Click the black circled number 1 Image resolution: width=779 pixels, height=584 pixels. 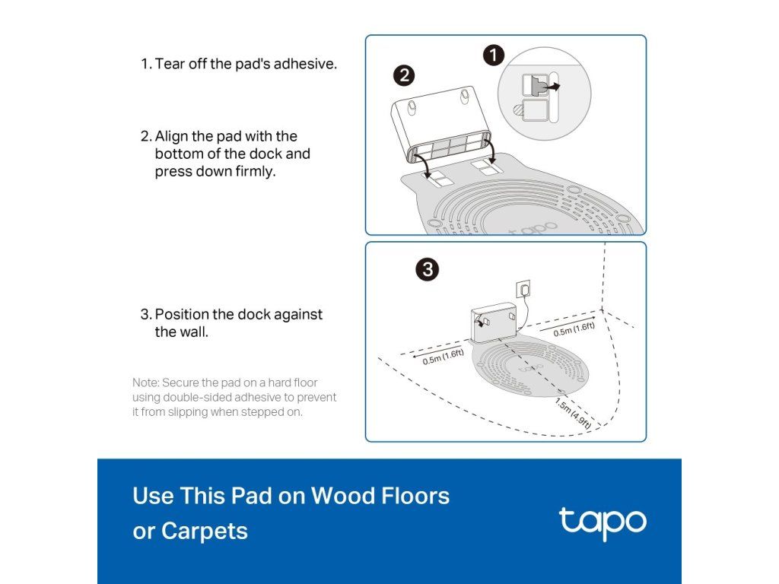493,56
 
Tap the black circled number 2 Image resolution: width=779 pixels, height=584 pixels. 404,75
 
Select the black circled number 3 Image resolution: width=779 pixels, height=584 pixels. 428,270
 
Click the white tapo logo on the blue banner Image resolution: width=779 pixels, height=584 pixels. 603,523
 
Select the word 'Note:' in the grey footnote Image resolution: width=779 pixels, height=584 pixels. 145,383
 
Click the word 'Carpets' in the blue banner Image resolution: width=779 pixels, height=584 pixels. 204,532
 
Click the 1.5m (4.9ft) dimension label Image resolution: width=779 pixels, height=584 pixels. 574,413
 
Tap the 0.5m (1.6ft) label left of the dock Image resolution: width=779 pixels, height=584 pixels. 444,357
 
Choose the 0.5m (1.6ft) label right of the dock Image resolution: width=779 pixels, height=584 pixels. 574,328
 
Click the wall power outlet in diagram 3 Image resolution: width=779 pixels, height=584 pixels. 523,288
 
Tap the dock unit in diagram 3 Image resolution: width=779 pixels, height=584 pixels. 494,322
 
